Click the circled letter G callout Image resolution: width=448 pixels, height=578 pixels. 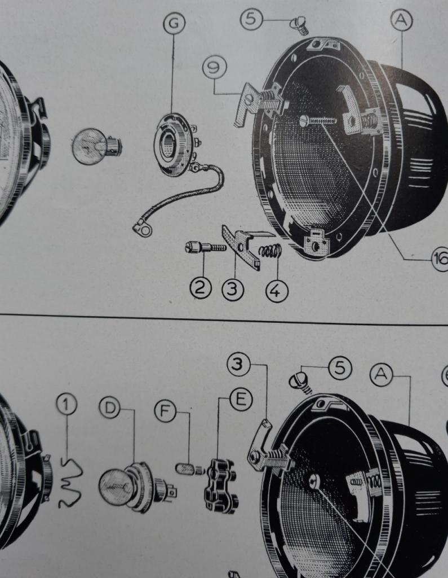point(174,23)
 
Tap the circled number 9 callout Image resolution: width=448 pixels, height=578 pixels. point(215,68)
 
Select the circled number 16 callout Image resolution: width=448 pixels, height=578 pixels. point(440,259)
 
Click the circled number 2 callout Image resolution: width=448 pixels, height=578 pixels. point(201,288)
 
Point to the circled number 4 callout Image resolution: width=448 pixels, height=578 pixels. point(277,291)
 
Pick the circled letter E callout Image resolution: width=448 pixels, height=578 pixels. point(241,400)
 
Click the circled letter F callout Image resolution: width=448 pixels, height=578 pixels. point(165,411)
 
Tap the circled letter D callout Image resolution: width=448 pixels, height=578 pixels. point(110,408)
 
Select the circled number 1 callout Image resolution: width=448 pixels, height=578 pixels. point(66,404)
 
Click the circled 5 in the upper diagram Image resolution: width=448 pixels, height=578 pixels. point(251,19)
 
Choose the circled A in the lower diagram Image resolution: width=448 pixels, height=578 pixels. point(381,375)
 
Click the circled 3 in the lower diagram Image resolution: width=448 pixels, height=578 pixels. point(238,364)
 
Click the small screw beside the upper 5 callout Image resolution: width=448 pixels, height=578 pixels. point(299,25)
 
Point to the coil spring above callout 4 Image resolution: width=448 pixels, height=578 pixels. point(270,251)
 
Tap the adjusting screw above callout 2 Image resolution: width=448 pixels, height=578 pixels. point(206,247)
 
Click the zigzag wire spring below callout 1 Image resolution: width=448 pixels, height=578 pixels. point(69,483)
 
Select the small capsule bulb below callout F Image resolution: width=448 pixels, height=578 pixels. point(190,470)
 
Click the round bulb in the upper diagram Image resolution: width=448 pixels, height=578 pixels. point(96,146)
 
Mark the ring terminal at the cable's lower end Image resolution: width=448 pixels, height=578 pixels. point(143,229)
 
